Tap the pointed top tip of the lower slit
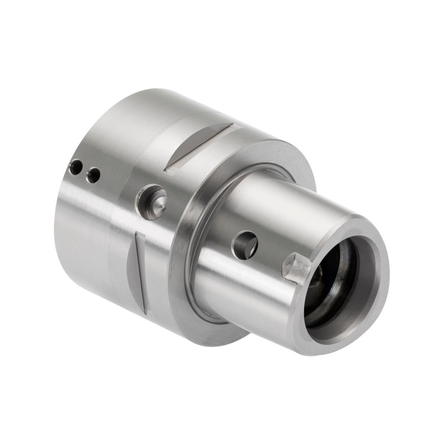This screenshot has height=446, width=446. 138,233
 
